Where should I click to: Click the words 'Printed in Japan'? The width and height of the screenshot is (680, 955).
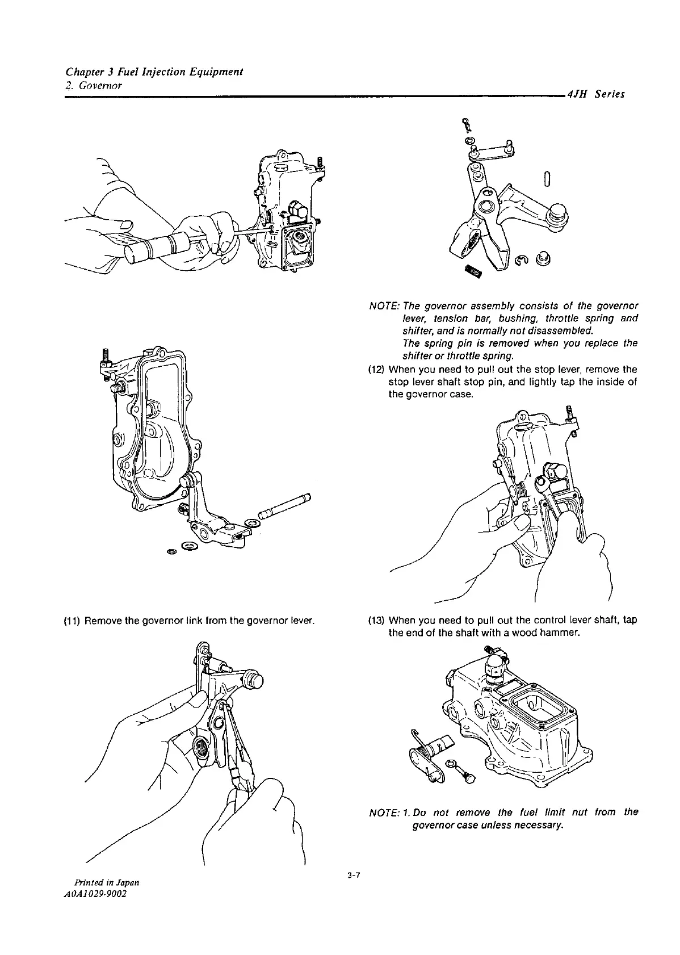pyautogui.click(x=104, y=883)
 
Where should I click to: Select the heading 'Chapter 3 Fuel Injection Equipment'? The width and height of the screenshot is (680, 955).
pyautogui.click(x=154, y=72)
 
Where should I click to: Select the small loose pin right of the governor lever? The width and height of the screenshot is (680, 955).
pyautogui.click(x=545, y=179)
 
